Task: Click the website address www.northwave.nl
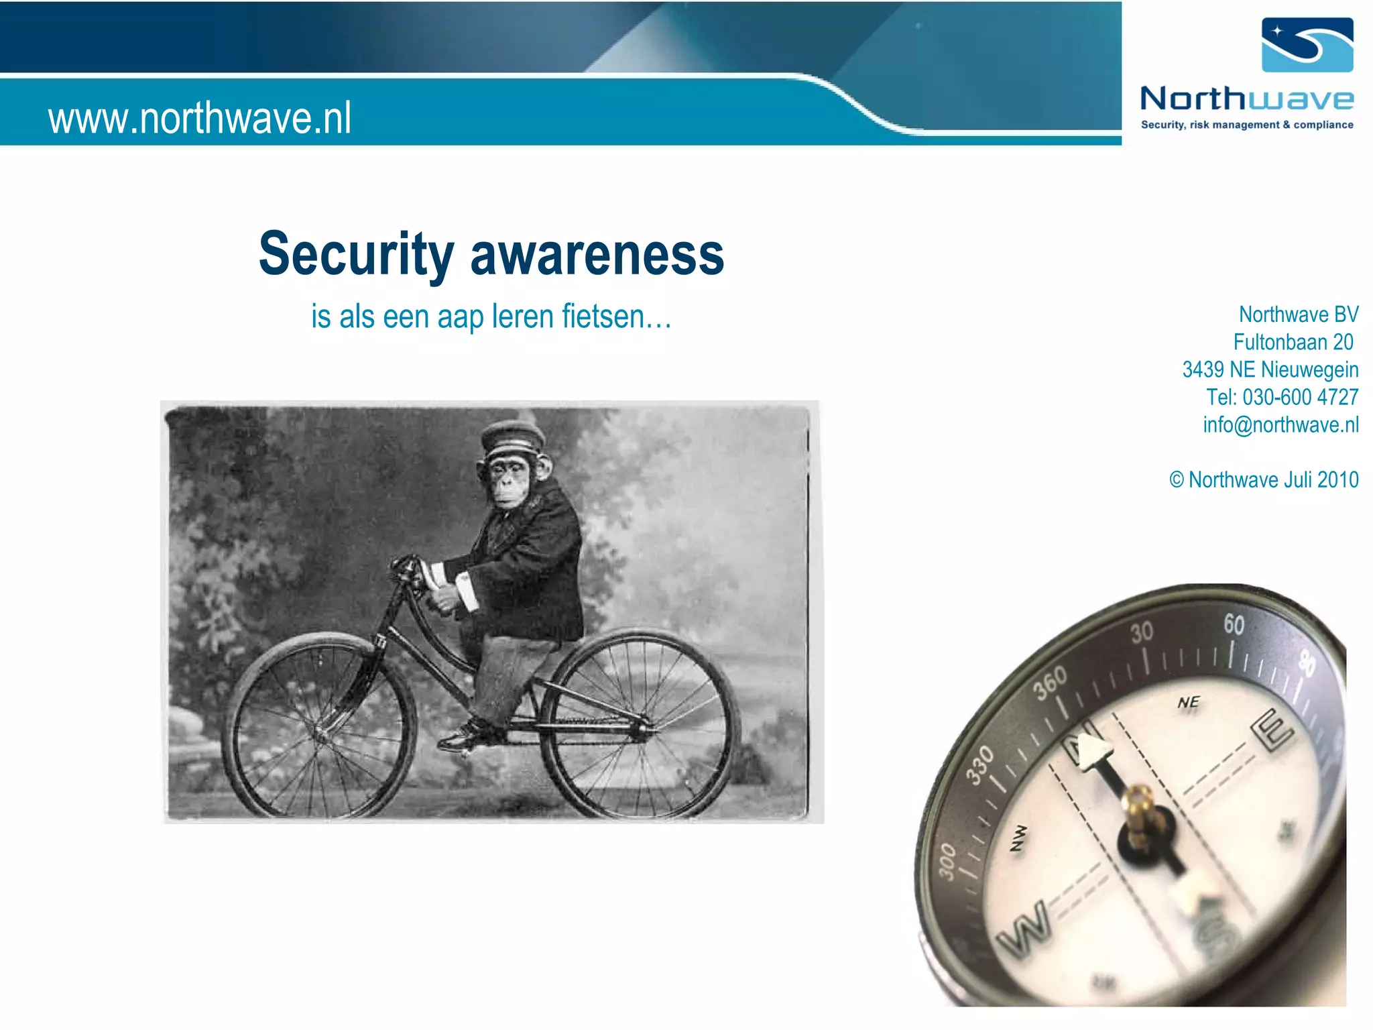pos(199,118)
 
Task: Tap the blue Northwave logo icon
pos(1307,45)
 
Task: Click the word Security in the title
pos(356,255)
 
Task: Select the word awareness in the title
pos(597,255)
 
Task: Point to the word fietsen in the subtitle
pos(603,317)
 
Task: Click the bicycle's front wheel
pos(318,728)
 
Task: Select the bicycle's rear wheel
pos(640,724)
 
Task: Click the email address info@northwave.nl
pos(1280,424)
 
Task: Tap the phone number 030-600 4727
pos(1300,397)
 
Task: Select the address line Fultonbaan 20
pos(1293,342)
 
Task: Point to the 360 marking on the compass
pos(1049,683)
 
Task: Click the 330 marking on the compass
pos(979,764)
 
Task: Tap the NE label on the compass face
pos(1188,702)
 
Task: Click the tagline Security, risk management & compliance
pos(1247,125)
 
